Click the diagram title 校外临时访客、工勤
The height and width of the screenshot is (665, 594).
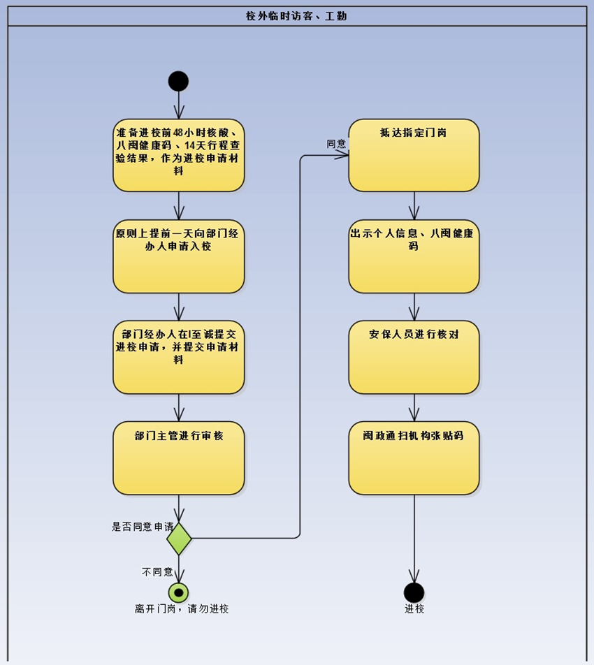[x=296, y=16]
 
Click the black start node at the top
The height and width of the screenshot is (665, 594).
[x=178, y=81]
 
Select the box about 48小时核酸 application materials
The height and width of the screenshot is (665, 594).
[x=178, y=155]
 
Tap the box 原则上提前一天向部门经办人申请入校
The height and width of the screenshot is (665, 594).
[x=178, y=256]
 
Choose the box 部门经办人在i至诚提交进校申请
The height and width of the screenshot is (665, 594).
[x=178, y=357]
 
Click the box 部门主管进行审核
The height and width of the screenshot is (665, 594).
[x=178, y=458]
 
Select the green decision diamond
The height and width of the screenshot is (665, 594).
[x=179, y=539]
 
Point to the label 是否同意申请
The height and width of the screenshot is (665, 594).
[x=142, y=527]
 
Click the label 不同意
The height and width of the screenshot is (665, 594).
[x=157, y=572]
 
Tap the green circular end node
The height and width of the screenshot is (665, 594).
[x=179, y=592]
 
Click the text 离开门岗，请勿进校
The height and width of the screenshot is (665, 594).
[x=182, y=609]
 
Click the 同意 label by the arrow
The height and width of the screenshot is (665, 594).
[x=336, y=144]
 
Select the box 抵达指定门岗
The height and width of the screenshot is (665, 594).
[x=414, y=155]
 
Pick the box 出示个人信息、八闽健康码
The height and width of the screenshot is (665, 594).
[x=414, y=256]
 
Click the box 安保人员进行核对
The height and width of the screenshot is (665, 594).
[x=414, y=357]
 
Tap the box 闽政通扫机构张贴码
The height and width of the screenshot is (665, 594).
[x=414, y=458]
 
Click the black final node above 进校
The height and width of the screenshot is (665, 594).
[x=414, y=592]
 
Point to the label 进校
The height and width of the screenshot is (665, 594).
[x=414, y=609]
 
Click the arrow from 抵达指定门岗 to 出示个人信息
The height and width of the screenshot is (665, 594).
[x=414, y=206]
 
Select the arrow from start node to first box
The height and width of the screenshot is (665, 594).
[x=179, y=105]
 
